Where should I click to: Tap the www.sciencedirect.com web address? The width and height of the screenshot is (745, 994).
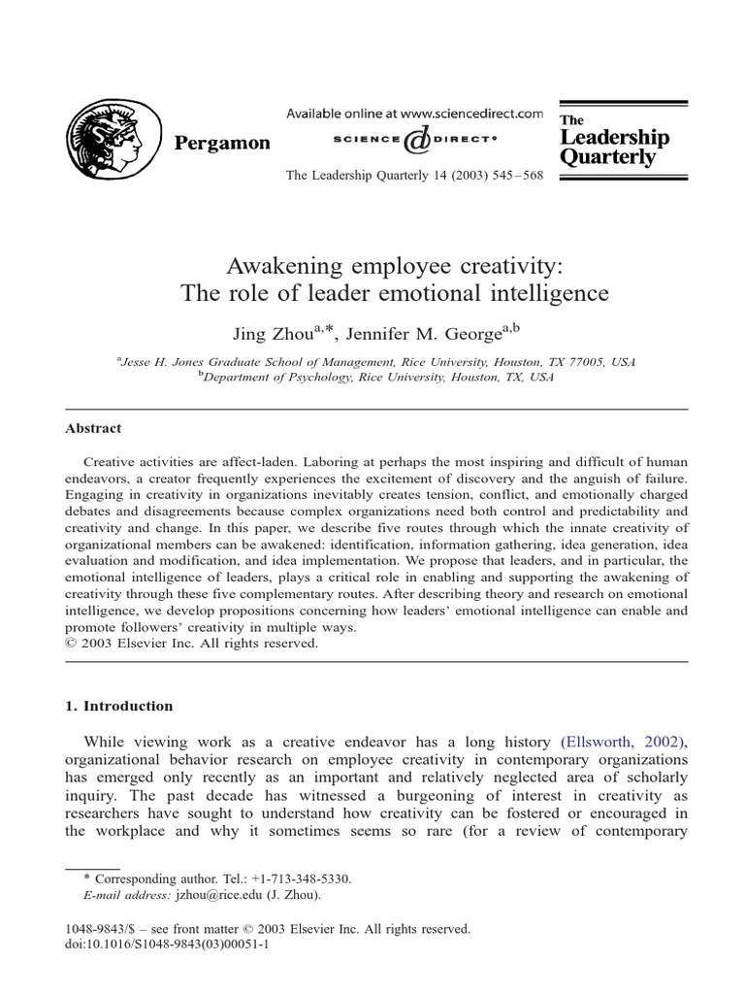(462, 115)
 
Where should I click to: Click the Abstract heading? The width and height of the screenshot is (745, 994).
(93, 427)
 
